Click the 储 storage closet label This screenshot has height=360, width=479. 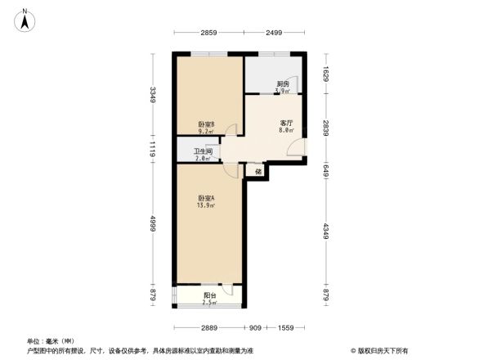(258, 172)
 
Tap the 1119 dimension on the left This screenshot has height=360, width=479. (153, 149)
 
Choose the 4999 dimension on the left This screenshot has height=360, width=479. (153, 224)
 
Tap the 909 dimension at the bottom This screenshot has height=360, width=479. (255, 328)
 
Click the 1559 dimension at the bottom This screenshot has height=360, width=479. (285, 328)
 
